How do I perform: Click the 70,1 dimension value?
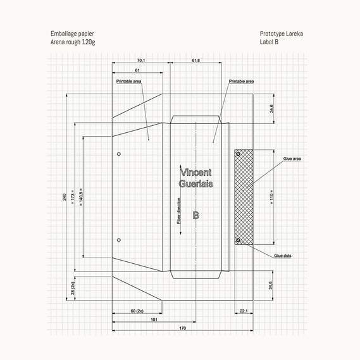click(x=141, y=60)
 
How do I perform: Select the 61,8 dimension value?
click(x=196, y=60)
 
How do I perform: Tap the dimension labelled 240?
click(x=65, y=197)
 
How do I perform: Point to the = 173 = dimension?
click(x=73, y=197)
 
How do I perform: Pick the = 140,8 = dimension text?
click(x=81, y=197)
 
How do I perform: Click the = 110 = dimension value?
click(x=271, y=197)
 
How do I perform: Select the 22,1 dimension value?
click(x=244, y=311)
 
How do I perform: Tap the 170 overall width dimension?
click(x=182, y=328)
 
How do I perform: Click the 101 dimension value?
click(x=154, y=320)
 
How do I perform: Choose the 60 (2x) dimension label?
click(x=137, y=311)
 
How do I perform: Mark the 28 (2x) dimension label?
click(x=73, y=288)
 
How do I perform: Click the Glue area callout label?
click(x=292, y=159)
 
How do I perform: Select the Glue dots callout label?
click(x=283, y=256)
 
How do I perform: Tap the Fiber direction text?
click(x=179, y=211)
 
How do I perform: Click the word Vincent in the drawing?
click(x=196, y=172)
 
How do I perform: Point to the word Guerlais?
click(x=196, y=183)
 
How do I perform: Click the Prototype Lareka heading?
click(x=282, y=34)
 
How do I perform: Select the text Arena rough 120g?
click(x=73, y=42)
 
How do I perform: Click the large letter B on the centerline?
click(x=196, y=215)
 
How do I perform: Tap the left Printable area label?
click(x=128, y=81)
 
